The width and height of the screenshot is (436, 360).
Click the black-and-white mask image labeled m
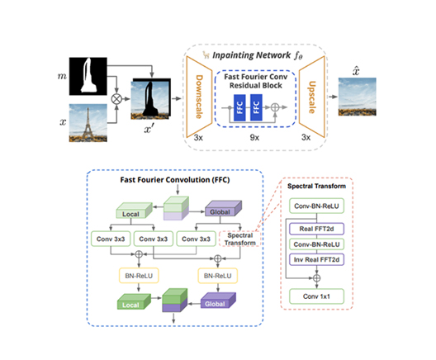[88, 76]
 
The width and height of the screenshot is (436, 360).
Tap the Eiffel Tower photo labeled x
[88, 123]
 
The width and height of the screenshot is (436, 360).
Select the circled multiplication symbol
[116, 99]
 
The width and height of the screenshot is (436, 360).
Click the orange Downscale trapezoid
[199, 97]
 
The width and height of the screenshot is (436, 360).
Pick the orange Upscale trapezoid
[312, 97]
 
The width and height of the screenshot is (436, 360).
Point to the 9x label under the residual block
[254, 137]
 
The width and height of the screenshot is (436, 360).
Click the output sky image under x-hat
[357, 97]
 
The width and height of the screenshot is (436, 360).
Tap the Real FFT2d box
[316, 229]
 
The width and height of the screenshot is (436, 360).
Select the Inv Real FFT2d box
[316, 259]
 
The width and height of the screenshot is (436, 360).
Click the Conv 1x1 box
[316, 296]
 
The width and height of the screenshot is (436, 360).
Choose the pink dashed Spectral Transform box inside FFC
[239, 239]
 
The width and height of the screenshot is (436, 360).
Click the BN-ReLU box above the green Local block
[139, 276]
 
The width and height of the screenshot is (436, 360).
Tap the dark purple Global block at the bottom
[218, 301]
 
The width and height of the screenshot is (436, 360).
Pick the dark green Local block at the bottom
[134, 301]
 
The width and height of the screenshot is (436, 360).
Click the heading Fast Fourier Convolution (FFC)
[175, 180]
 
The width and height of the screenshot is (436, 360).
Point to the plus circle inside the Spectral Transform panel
[316, 277]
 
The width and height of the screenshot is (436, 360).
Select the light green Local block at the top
[134, 211]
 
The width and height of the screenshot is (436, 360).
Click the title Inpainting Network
[251, 55]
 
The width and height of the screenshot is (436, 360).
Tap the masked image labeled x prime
[151, 99]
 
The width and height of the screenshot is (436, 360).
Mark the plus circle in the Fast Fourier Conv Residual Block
[275, 107]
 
